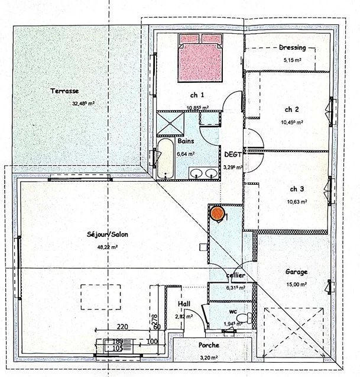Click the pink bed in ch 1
201,57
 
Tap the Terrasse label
64,92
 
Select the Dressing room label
293,48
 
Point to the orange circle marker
218,212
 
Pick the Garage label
296,272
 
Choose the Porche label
209,345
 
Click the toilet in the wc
248,318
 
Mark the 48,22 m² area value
107,247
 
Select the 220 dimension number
123,326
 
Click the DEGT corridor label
232,154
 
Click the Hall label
184,304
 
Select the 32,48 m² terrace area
83,103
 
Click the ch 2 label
291,109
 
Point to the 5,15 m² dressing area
293,60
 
